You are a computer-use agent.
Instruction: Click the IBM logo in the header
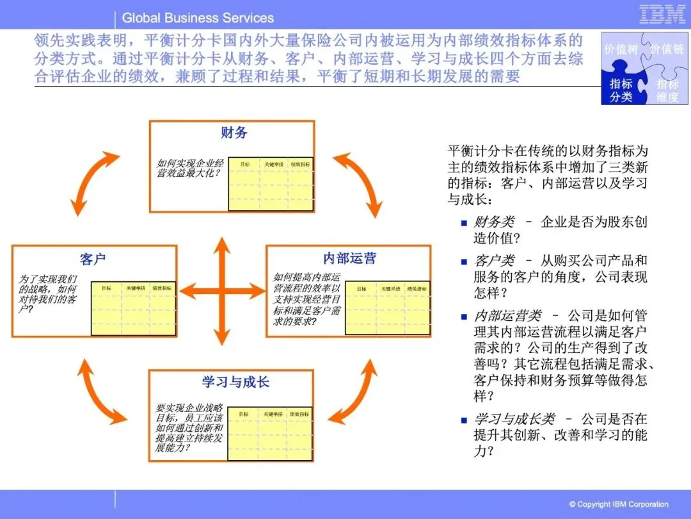(662, 15)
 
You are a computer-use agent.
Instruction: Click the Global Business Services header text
(198, 18)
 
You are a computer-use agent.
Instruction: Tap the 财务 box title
(234, 133)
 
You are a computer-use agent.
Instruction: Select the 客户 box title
(93, 259)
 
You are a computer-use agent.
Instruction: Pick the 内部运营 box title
(349, 258)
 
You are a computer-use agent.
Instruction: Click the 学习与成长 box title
(235, 382)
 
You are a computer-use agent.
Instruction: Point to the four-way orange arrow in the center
(222, 291)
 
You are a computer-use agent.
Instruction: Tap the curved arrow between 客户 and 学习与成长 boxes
(99, 390)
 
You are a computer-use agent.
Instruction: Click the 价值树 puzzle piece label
(620, 49)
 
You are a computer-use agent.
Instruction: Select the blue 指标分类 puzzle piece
(621, 90)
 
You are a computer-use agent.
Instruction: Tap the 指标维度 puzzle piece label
(667, 91)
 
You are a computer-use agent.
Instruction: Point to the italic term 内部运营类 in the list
(507, 316)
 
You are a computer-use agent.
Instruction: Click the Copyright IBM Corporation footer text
(619, 504)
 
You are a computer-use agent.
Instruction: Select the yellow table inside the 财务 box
(271, 184)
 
